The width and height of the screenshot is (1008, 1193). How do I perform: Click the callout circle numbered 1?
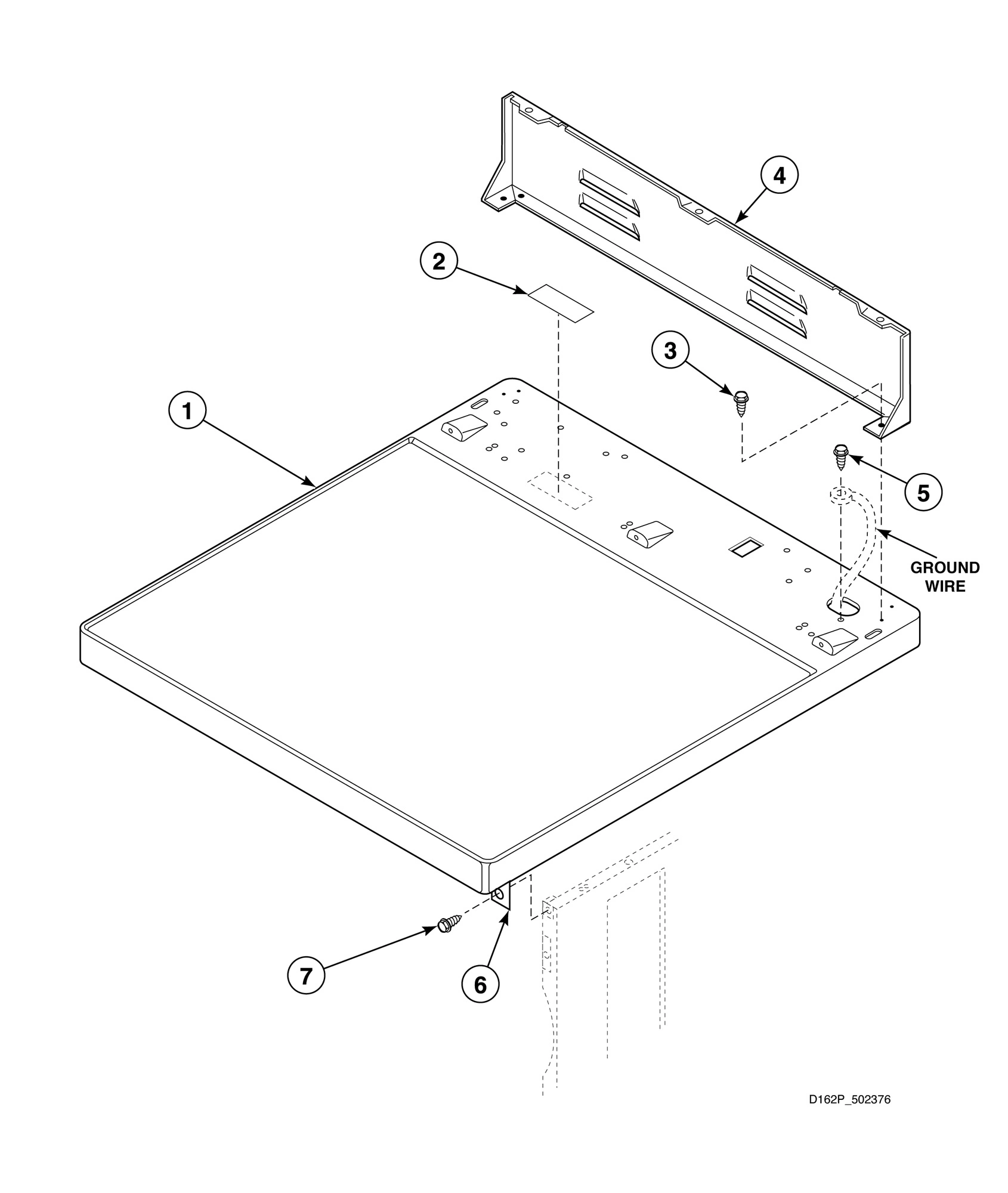tap(187, 411)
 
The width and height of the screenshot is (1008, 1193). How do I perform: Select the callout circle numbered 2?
tap(439, 261)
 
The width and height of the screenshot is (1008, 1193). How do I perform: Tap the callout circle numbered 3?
tap(670, 351)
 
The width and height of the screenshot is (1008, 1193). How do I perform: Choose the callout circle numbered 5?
tap(923, 493)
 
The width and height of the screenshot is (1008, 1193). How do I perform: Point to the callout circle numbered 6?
tap(480, 985)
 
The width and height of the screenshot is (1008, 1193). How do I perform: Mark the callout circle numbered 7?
tap(306, 976)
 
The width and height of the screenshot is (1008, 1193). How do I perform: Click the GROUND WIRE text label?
tap(945, 576)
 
